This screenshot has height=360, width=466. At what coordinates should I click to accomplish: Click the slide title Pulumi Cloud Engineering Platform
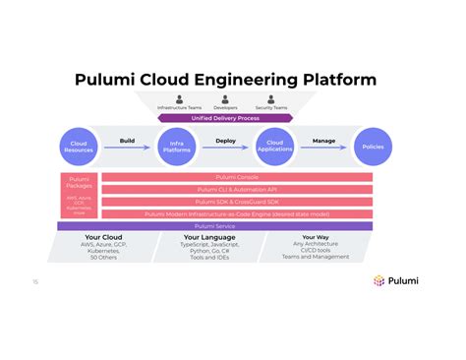click(x=233, y=79)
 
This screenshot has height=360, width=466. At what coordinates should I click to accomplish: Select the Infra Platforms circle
click(x=177, y=147)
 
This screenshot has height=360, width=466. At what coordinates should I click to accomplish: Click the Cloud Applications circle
click(x=275, y=147)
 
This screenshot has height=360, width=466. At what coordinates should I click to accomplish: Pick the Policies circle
click(x=373, y=147)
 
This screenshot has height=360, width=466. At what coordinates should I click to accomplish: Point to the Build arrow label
click(x=127, y=141)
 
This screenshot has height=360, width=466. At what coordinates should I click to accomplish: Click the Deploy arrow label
click(x=226, y=141)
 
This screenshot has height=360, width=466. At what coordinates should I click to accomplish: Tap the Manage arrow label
click(x=324, y=141)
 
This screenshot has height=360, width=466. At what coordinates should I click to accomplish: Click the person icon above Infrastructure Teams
click(x=179, y=98)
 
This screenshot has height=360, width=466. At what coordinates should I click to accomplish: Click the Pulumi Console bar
click(x=236, y=178)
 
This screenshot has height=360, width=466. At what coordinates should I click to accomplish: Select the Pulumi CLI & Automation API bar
click(x=236, y=190)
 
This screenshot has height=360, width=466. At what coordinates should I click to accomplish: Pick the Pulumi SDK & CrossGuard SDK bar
click(x=236, y=202)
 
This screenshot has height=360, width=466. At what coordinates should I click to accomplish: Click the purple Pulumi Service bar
click(x=214, y=225)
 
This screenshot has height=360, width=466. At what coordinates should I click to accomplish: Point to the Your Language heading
click(x=206, y=237)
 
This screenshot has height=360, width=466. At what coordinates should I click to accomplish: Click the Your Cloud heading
click(x=103, y=237)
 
